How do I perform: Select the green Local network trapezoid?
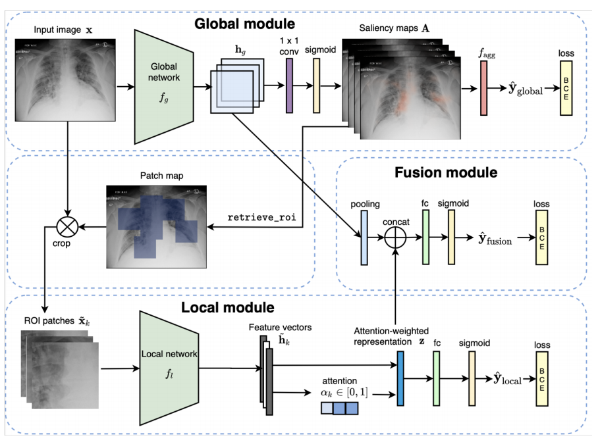(169, 368)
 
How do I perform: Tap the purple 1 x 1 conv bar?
(288, 86)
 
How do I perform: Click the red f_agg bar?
(483, 91)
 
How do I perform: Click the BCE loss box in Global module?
(567, 89)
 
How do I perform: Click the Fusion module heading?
(446, 173)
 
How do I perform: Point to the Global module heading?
(244, 25)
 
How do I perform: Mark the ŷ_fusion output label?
(491, 241)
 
